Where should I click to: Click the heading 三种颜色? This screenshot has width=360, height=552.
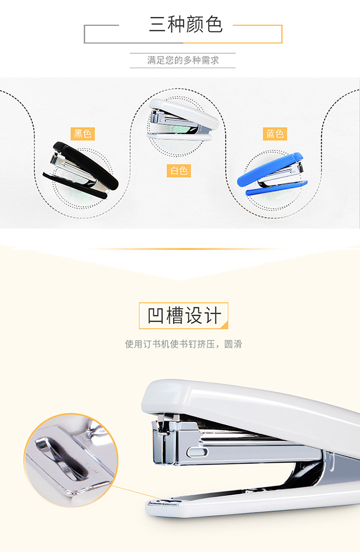[x=186, y=24]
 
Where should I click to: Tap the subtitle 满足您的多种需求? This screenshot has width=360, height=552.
[x=183, y=60]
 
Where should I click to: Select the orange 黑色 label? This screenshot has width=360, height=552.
[x=83, y=134]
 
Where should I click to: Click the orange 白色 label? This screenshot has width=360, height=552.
[x=179, y=171]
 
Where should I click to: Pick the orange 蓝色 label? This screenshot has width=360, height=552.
[x=275, y=134]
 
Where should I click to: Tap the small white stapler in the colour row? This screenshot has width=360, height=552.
[x=182, y=120]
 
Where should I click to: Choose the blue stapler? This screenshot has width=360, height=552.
[x=272, y=174]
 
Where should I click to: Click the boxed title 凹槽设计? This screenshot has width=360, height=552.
[x=184, y=315]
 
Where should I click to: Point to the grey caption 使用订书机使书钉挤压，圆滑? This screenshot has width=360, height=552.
[x=183, y=344]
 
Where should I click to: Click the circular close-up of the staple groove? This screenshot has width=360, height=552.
[x=71, y=460]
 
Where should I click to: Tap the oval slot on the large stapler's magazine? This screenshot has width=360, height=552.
[x=197, y=452]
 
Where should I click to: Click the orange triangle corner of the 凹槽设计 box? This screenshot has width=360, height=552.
[x=225, y=325]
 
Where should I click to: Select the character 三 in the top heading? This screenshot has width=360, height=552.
[x=157, y=24]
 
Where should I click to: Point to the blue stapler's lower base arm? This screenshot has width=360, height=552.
[x=276, y=188]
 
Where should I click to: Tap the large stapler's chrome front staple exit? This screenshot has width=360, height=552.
[x=164, y=442]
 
